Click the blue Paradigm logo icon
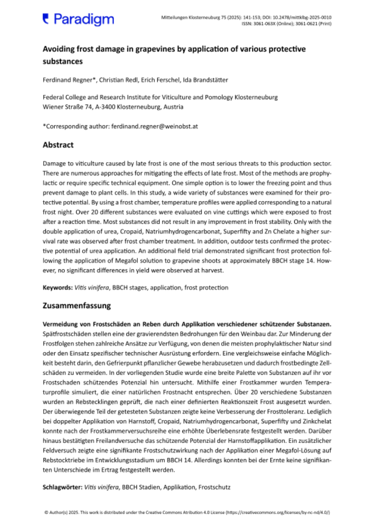click(x=46, y=18)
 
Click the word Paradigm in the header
click(x=83, y=19)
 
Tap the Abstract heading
click(x=58, y=145)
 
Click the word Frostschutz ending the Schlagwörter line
click(x=214, y=488)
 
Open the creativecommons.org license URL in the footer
click(x=278, y=513)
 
